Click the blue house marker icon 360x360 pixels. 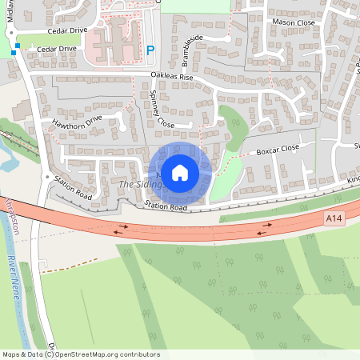click(x=180, y=172)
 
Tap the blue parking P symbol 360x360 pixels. click(x=150, y=50)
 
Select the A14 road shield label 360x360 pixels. click(x=334, y=218)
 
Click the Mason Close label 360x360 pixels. click(x=293, y=22)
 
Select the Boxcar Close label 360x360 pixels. click(x=277, y=149)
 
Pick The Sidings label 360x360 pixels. click(x=141, y=184)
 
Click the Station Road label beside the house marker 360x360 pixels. click(x=166, y=207)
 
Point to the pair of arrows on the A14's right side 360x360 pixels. click(x=265, y=228)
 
